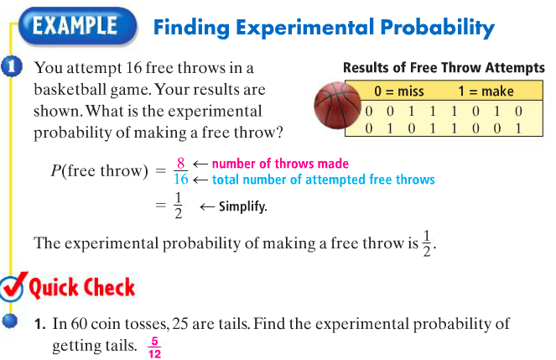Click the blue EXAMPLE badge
(x=77, y=26)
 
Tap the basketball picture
(x=335, y=105)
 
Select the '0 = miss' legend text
(x=399, y=91)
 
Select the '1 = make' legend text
(x=486, y=91)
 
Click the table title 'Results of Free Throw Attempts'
(x=444, y=67)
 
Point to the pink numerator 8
(x=180, y=163)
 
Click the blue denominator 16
(x=181, y=179)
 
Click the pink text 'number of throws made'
(x=280, y=164)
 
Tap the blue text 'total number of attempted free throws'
(x=324, y=180)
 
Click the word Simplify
(x=242, y=206)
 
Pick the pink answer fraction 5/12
(x=154, y=347)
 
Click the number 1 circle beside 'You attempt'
(x=12, y=66)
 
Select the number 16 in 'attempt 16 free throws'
(x=133, y=67)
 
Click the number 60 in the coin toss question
(x=79, y=323)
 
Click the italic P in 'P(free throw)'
(x=56, y=170)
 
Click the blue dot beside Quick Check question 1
(x=10, y=321)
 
